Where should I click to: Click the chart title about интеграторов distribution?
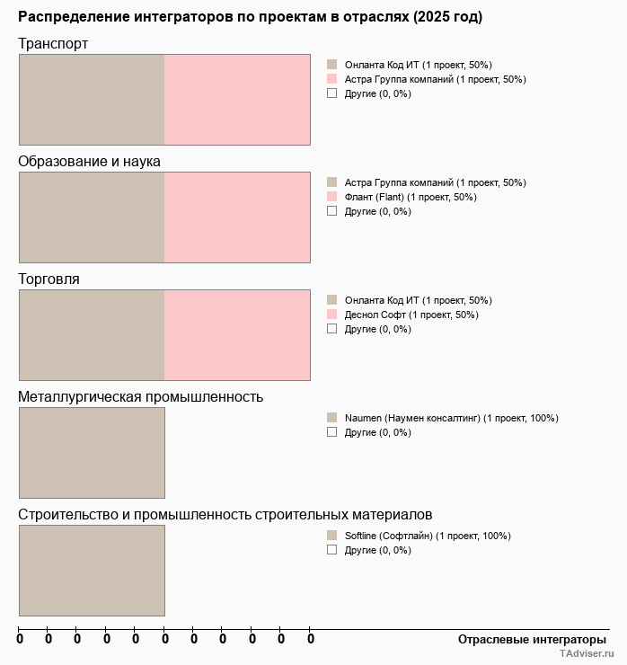click(x=250, y=17)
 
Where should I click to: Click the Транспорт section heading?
click(x=53, y=44)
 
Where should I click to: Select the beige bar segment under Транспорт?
click(x=92, y=99)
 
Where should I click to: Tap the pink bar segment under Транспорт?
click(x=237, y=99)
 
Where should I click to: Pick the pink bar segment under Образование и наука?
click(x=237, y=217)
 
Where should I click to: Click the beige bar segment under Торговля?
click(x=92, y=334)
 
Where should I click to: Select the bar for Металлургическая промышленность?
click(x=92, y=452)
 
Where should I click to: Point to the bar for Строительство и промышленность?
click(x=92, y=570)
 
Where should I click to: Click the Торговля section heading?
click(x=49, y=279)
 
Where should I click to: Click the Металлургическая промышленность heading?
click(x=140, y=397)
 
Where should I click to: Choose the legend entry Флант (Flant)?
click(x=411, y=197)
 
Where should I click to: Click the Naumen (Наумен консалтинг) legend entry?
click(x=451, y=418)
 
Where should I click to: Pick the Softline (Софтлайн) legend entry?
click(x=428, y=536)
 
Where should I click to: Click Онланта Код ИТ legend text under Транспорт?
click(x=418, y=65)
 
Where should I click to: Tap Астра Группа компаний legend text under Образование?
click(x=435, y=182)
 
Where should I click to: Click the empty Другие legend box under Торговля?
click(x=331, y=329)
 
